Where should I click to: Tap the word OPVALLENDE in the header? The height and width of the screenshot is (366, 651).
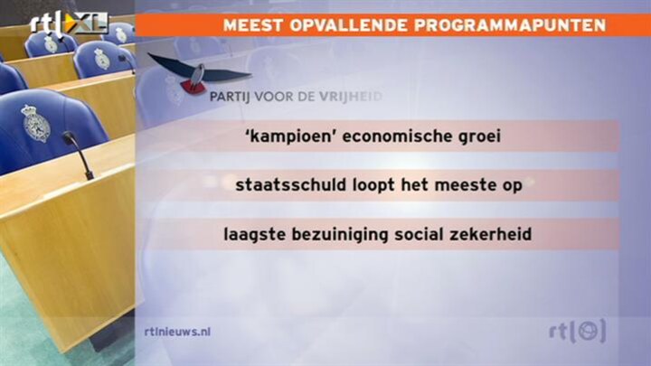point(349,25)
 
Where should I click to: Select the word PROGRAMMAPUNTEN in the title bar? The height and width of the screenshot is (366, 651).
point(510,25)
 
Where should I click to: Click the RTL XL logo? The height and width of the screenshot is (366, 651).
point(69,23)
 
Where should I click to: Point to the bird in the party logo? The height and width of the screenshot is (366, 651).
point(198,73)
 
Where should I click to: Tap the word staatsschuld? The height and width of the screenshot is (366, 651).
point(290,184)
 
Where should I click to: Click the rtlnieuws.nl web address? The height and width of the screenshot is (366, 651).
point(177,332)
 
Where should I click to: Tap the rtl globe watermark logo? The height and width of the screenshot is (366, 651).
point(577,331)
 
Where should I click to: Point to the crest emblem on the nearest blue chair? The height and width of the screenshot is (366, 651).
point(35,123)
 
